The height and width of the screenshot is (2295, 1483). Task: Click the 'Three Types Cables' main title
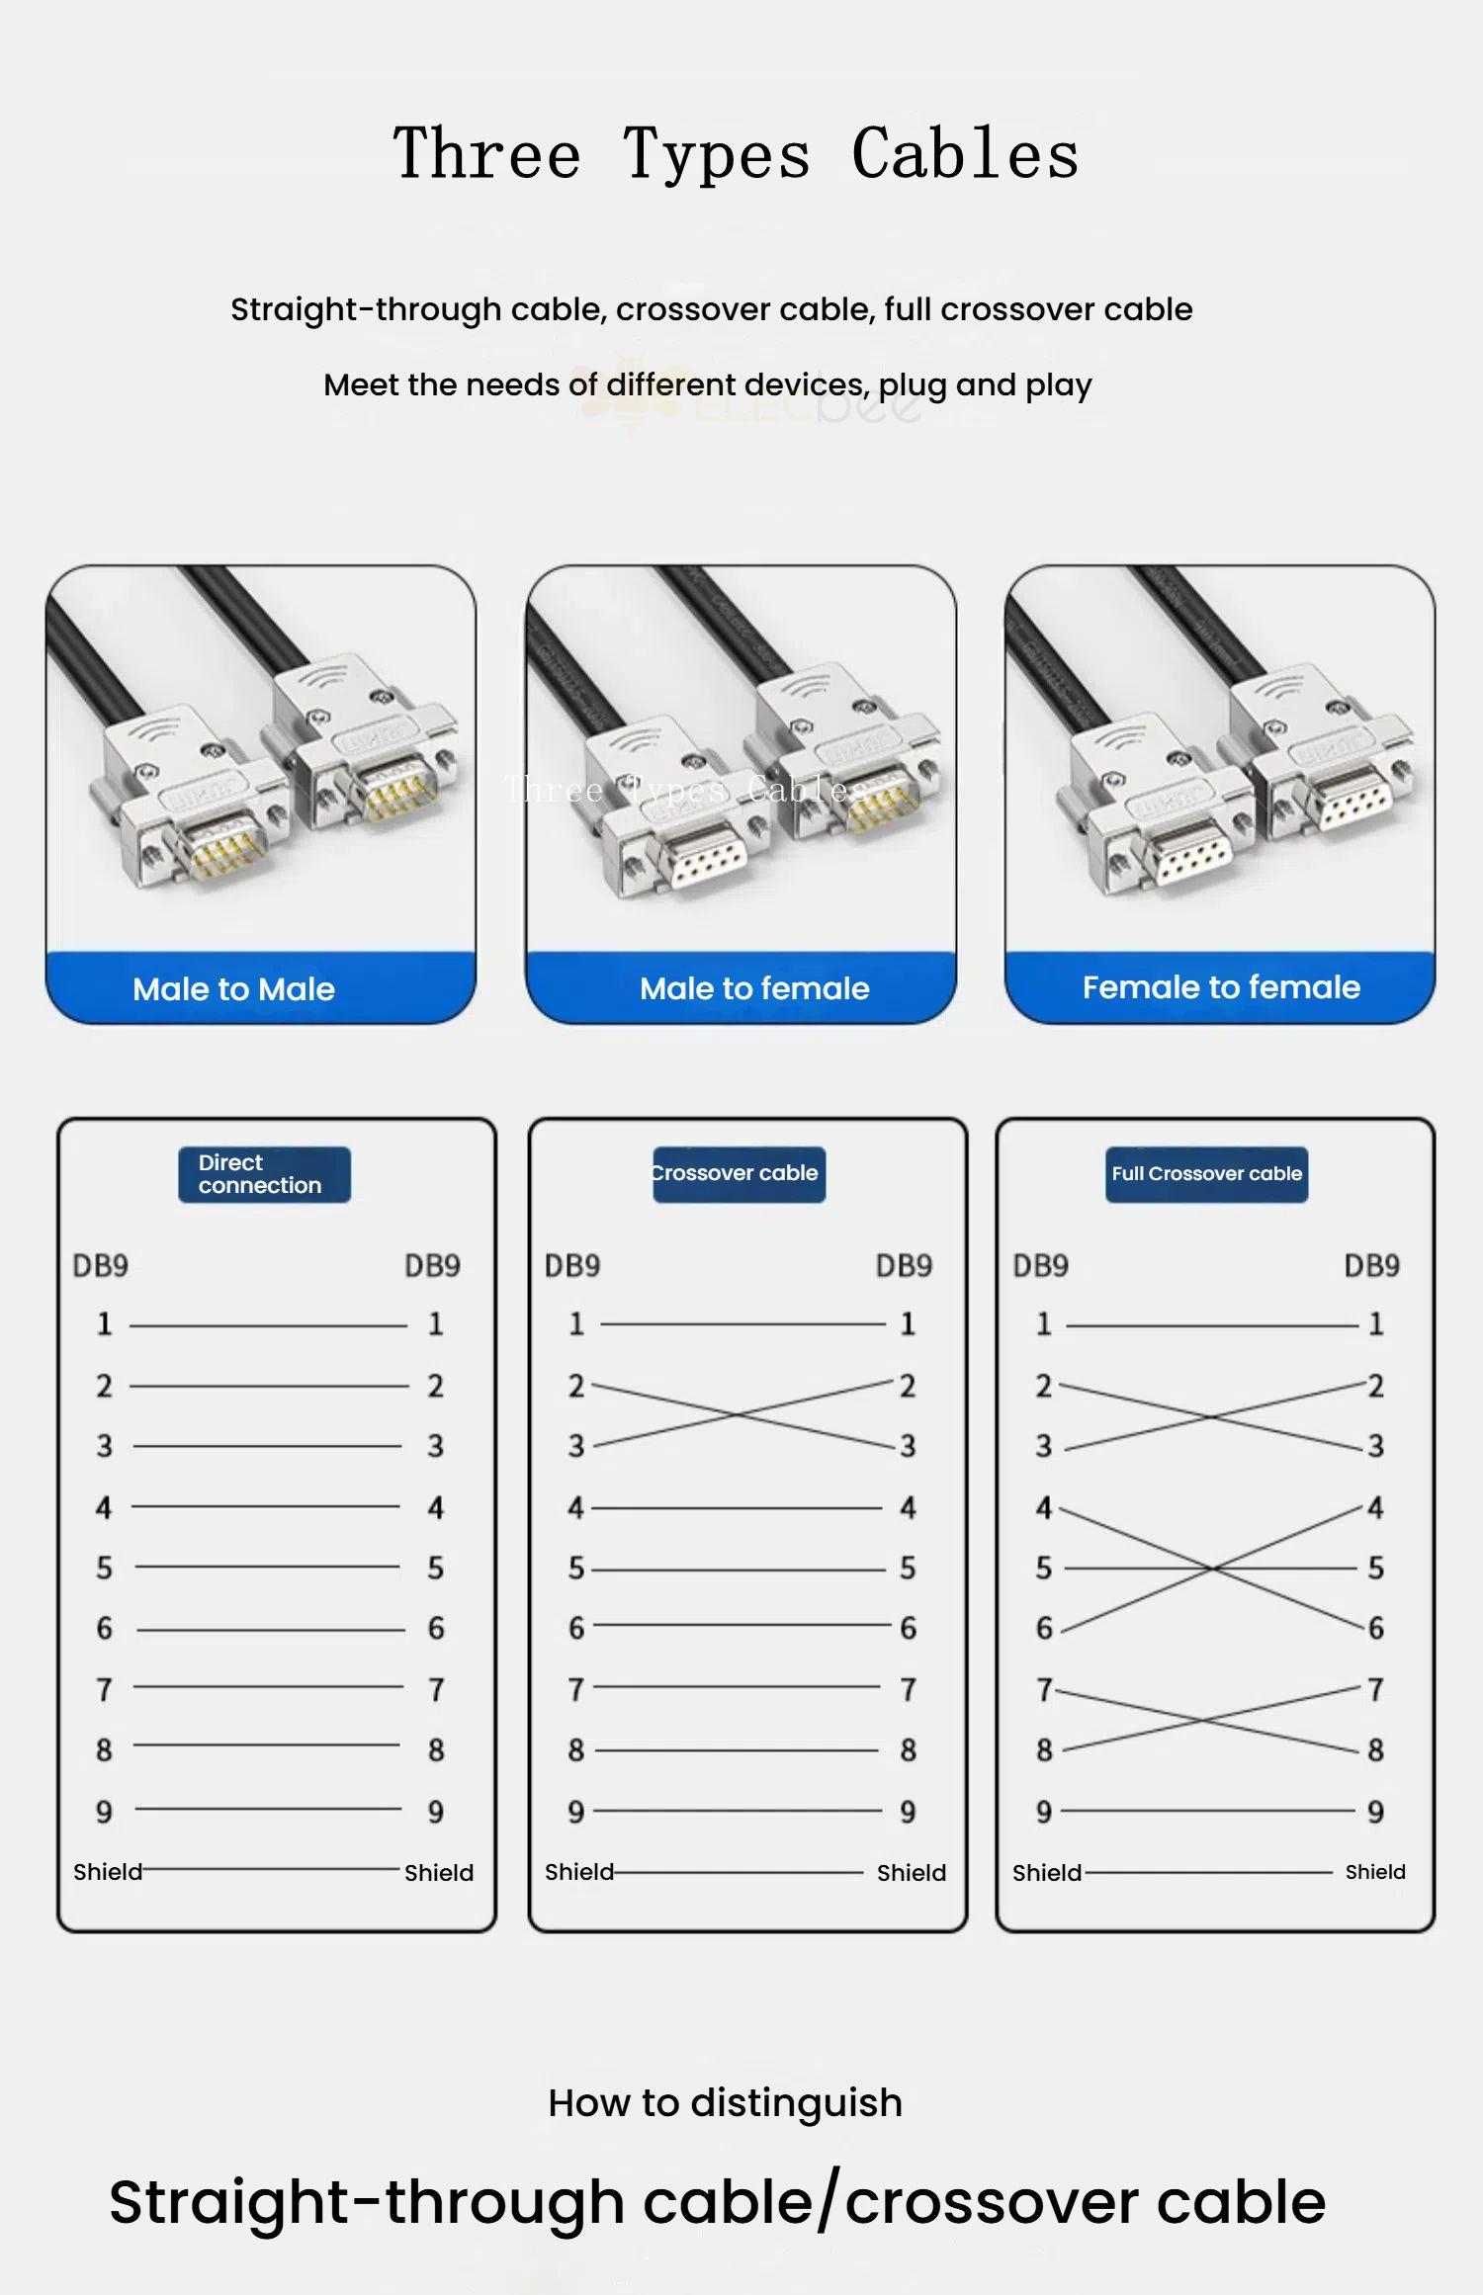736,154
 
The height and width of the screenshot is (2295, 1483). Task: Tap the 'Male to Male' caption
234,989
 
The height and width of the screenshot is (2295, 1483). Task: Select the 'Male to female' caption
754,988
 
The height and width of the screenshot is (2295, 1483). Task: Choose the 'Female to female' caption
1221,987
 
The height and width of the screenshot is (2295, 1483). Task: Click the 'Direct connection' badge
264,1174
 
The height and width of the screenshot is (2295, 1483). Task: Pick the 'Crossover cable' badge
739,1174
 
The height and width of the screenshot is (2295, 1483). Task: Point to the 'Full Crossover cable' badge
1206,1174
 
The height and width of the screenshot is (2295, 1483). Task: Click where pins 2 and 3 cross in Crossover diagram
740,1415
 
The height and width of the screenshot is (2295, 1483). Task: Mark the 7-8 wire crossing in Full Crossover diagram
1206,1721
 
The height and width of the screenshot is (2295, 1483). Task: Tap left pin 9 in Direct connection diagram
104,1812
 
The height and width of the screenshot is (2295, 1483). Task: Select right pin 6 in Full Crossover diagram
1375,1628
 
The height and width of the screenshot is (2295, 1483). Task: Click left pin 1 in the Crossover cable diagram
576,1324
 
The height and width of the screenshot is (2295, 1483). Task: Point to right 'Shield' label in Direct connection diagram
439,1873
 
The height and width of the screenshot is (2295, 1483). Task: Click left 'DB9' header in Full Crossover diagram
1040,1266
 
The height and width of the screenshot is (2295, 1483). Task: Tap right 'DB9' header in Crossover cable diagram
904,1266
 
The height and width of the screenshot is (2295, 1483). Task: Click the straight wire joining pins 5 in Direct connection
267,1567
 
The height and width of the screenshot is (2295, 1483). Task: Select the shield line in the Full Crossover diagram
1208,1872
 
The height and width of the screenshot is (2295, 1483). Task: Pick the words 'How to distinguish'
726,2103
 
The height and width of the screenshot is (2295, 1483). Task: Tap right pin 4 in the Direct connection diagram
435,1507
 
